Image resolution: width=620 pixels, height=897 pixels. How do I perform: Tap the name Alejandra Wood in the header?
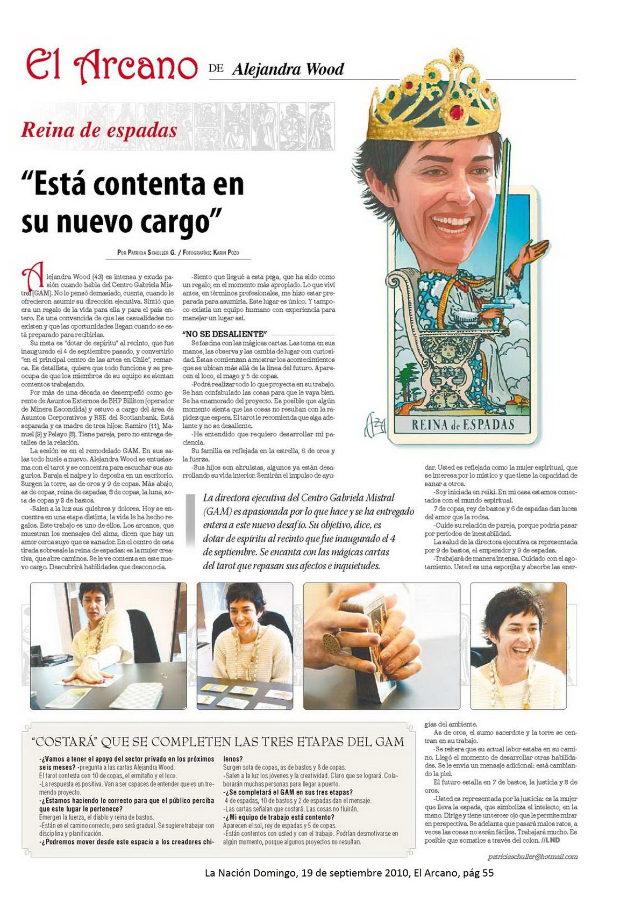click(288, 69)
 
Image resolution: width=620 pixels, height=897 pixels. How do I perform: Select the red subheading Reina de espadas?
click(99, 130)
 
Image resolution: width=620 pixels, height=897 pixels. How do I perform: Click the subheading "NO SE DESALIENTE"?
click(225, 334)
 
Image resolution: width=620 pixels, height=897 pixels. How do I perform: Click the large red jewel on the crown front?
click(456, 112)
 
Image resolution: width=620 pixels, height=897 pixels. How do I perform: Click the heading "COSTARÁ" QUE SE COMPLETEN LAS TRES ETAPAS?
click(218, 742)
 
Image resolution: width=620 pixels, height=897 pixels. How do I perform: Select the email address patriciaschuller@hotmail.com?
click(532, 857)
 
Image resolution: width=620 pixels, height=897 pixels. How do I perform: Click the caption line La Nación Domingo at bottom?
click(348, 873)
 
